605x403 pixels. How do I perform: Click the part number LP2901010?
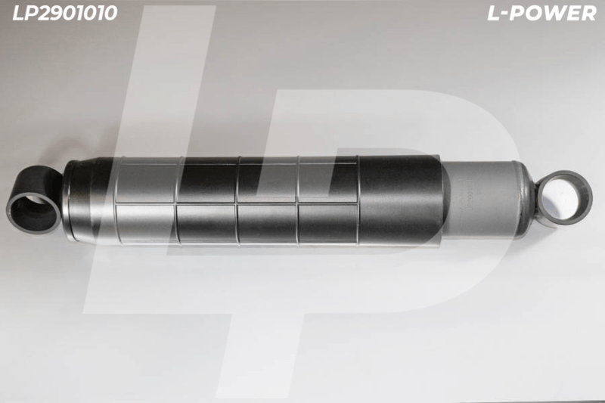point(65,13)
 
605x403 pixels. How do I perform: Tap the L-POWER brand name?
point(541,14)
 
